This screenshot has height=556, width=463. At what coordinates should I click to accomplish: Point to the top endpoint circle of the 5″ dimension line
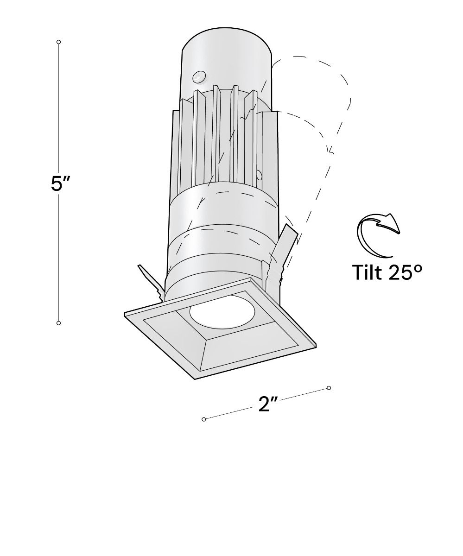[58, 42]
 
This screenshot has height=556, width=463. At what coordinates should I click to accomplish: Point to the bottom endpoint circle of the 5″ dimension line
[58, 323]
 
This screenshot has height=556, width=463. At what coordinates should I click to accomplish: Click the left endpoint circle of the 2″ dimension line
[204, 419]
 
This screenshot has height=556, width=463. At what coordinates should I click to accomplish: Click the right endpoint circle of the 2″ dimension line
[329, 388]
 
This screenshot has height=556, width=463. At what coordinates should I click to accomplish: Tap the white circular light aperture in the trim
[222, 311]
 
